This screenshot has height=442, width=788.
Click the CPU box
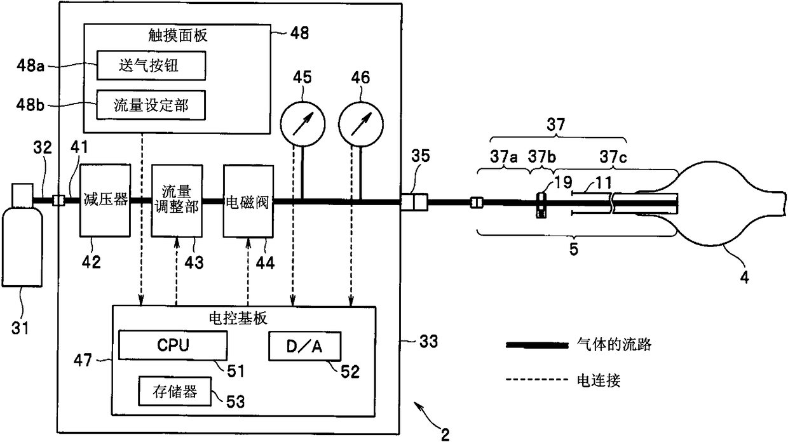tap(173, 345)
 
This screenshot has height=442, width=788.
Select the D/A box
tap(304, 346)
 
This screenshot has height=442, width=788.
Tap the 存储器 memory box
tap(175, 391)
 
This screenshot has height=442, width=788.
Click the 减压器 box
tap(105, 201)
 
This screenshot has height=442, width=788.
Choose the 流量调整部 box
tap(177, 201)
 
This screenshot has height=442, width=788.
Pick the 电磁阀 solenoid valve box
tap(248, 201)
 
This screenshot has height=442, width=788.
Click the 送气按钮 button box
tap(151, 66)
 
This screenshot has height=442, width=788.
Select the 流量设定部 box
tap(151, 105)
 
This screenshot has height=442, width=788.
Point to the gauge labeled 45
tap(302, 124)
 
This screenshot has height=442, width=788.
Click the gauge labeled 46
tap(361, 124)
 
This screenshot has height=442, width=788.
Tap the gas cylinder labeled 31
tap(22, 235)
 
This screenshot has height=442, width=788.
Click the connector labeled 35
tap(414, 202)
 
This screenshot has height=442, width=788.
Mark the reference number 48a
tap(31, 65)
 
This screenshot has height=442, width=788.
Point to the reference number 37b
tap(541, 157)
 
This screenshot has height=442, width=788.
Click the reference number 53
tap(235, 401)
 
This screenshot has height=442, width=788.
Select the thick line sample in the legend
tap(537, 345)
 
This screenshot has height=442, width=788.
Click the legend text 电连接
tap(599, 380)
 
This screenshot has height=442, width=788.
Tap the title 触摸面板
tap(178, 35)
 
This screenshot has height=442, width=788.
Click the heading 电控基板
tap(238, 318)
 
